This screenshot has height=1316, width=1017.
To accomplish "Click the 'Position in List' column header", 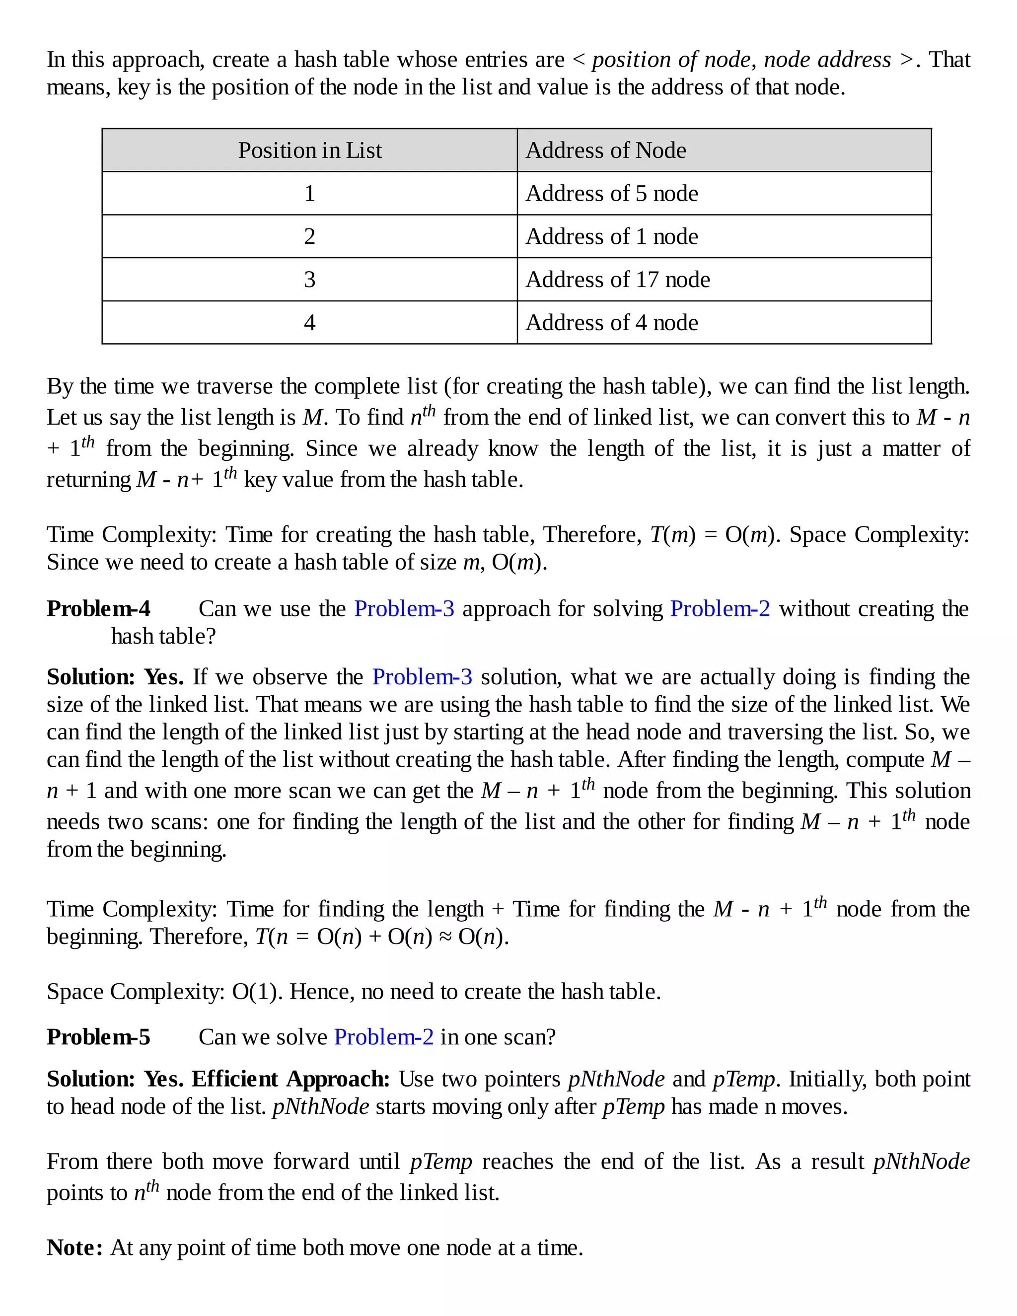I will (x=310, y=150).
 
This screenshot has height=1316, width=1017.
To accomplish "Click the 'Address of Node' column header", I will (x=605, y=150).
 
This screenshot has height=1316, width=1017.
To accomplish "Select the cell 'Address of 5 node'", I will (x=611, y=193).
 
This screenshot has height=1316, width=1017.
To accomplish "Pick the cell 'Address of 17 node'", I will (x=618, y=280).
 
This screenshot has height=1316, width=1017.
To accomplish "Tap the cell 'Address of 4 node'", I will (x=611, y=323).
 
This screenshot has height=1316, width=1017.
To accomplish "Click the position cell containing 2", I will (x=310, y=236).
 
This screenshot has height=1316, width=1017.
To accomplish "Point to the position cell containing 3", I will (x=310, y=280).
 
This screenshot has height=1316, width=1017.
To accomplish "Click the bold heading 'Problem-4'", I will (x=99, y=609).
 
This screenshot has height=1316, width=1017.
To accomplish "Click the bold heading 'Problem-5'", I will (x=99, y=1037).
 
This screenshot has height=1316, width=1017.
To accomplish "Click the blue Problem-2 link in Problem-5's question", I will (x=384, y=1037).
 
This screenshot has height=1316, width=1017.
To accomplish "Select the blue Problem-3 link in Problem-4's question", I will (x=404, y=609).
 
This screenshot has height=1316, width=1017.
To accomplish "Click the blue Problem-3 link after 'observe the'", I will (x=423, y=677).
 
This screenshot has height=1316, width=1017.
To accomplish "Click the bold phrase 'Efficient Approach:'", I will (x=291, y=1079).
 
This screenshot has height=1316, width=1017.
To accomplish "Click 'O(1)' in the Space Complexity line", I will (x=257, y=992).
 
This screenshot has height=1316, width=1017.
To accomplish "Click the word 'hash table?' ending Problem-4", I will (x=163, y=636).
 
